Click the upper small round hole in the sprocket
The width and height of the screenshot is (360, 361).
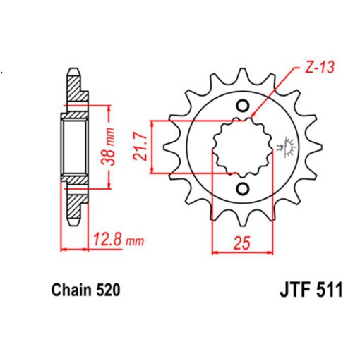(243, 107)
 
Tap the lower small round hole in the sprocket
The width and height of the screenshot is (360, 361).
(243, 188)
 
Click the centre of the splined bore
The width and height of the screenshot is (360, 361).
(242, 147)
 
